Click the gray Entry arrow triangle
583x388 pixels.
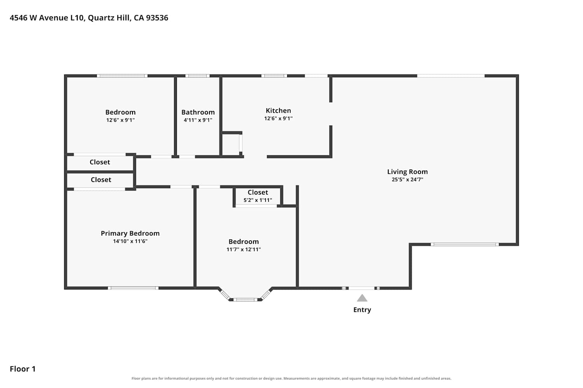point(362,298)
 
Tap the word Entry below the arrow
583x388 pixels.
point(362,310)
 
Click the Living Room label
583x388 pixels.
point(407,172)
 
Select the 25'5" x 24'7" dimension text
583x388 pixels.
point(407,179)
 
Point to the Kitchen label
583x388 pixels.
point(278,111)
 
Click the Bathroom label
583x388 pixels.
point(198,112)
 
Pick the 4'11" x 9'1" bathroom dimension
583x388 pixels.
point(198,120)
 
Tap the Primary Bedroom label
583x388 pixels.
point(130,233)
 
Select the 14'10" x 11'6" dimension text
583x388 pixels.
point(130,241)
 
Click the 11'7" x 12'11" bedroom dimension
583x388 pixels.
point(244,249)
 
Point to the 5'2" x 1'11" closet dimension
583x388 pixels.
point(258,200)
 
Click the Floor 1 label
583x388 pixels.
point(23,369)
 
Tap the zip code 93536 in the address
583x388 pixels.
point(157,18)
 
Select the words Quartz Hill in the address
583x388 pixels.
point(108,18)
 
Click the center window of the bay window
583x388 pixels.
point(245,300)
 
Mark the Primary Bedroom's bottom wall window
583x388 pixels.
point(133,288)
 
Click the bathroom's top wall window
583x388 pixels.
point(197,76)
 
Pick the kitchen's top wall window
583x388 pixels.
point(274,76)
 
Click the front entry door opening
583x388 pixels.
point(361,288)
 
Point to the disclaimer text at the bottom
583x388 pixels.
point(291,378)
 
